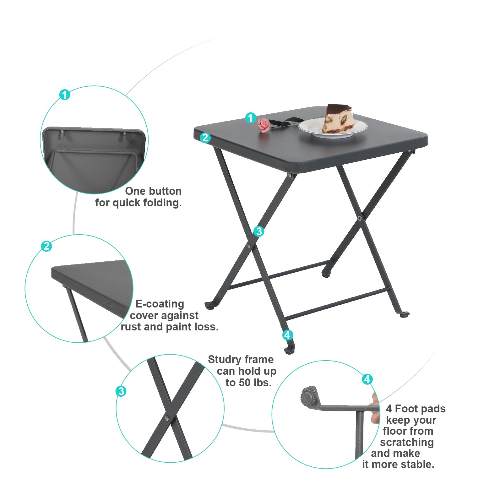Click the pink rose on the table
(x=264, y=125)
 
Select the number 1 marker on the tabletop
(x=250, y=118)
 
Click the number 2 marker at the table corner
(x=205, y=137)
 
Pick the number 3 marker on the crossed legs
(x=259, y=231)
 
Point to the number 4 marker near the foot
(x=287, y=335)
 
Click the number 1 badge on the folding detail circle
(x=65, y=95)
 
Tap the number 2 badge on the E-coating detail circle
(x=46, y=246)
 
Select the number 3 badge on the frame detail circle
(x=121, y=391)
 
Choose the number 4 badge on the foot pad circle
(x=367, y=379)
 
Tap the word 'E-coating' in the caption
(x=160, y=304)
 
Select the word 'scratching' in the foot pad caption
(x=407, y=443)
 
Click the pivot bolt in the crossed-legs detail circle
(x=166, y=418)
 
